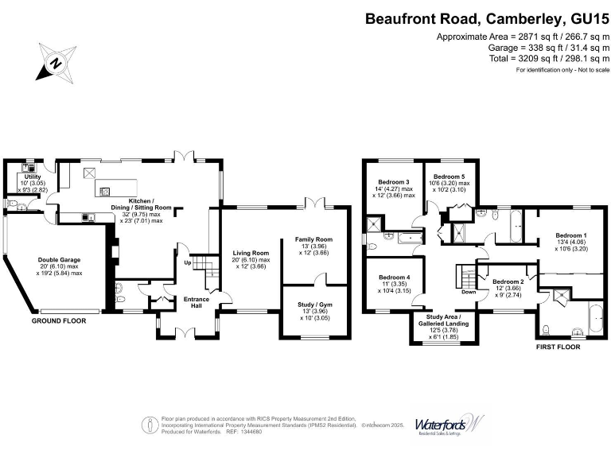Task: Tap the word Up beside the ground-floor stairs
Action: (x=188, y=263)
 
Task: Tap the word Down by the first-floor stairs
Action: (x=469, y=292)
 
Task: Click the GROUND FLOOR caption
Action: (x=59, y=322)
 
